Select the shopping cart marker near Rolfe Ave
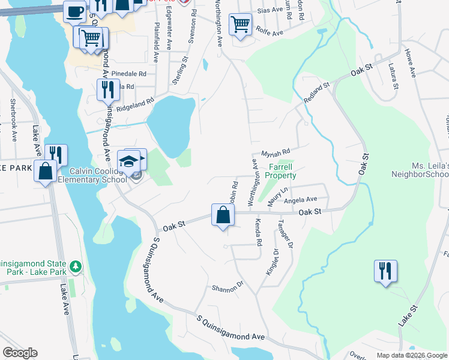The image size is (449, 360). pyautogui.click(x=240, y=25)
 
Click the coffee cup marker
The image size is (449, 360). pyautogui.click(x=75, y=11)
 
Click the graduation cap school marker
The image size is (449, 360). pyautogui.click(x=128, y=160)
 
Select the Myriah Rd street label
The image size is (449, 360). pyautogui.click(x=276, y=153)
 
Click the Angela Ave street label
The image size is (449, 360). pyautogui.click(x=300, y=200)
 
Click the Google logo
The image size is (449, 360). pyautogui.click(x=20, y=353)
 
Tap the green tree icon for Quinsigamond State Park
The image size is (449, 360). pyautogui.click(x=75, y=266)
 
